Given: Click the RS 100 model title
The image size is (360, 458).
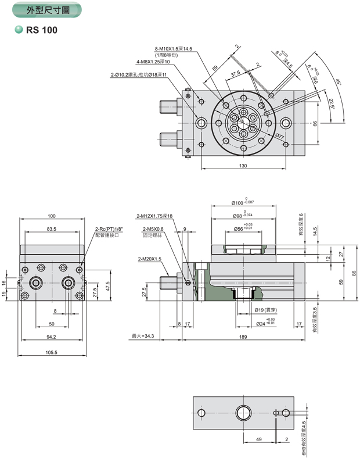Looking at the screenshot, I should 42,30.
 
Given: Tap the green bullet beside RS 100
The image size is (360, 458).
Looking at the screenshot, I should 19,30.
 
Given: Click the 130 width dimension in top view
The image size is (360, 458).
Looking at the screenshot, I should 243,166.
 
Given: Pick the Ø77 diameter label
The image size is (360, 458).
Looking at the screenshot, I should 279,137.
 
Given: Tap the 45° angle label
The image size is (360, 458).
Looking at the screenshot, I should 339,82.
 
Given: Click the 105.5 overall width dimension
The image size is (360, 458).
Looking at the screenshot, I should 51,352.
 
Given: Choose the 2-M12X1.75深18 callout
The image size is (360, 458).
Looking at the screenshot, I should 154,216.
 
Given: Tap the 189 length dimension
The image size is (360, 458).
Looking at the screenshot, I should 243,335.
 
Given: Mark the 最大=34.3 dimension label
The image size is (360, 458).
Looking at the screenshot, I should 142,335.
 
